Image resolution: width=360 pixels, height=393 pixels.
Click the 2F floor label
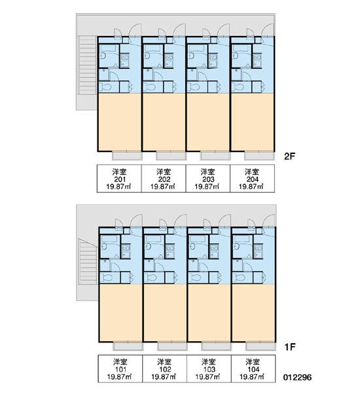289,157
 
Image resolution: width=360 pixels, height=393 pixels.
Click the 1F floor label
289,347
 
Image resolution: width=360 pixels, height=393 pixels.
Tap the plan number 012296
298,377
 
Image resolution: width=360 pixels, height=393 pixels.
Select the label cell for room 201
119,178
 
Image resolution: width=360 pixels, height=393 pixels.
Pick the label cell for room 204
252,178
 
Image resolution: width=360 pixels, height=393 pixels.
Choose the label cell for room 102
164,369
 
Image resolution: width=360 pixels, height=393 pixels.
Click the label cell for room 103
209,369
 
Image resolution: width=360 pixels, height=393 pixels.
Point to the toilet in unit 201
105,87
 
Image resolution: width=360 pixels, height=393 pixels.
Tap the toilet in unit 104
238,278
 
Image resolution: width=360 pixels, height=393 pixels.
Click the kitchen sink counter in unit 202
169,60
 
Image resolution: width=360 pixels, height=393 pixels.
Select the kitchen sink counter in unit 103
214,251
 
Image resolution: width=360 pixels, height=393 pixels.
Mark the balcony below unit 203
215,156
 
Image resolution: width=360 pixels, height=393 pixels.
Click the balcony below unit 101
128,346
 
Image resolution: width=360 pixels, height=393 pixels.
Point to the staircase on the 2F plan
88,65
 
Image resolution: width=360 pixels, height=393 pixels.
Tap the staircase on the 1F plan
88,261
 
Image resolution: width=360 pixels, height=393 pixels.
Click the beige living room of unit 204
252,122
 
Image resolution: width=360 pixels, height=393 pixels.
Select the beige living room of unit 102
165,312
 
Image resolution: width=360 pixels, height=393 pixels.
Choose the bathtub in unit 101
109,239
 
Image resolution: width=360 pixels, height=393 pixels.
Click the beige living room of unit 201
120,122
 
